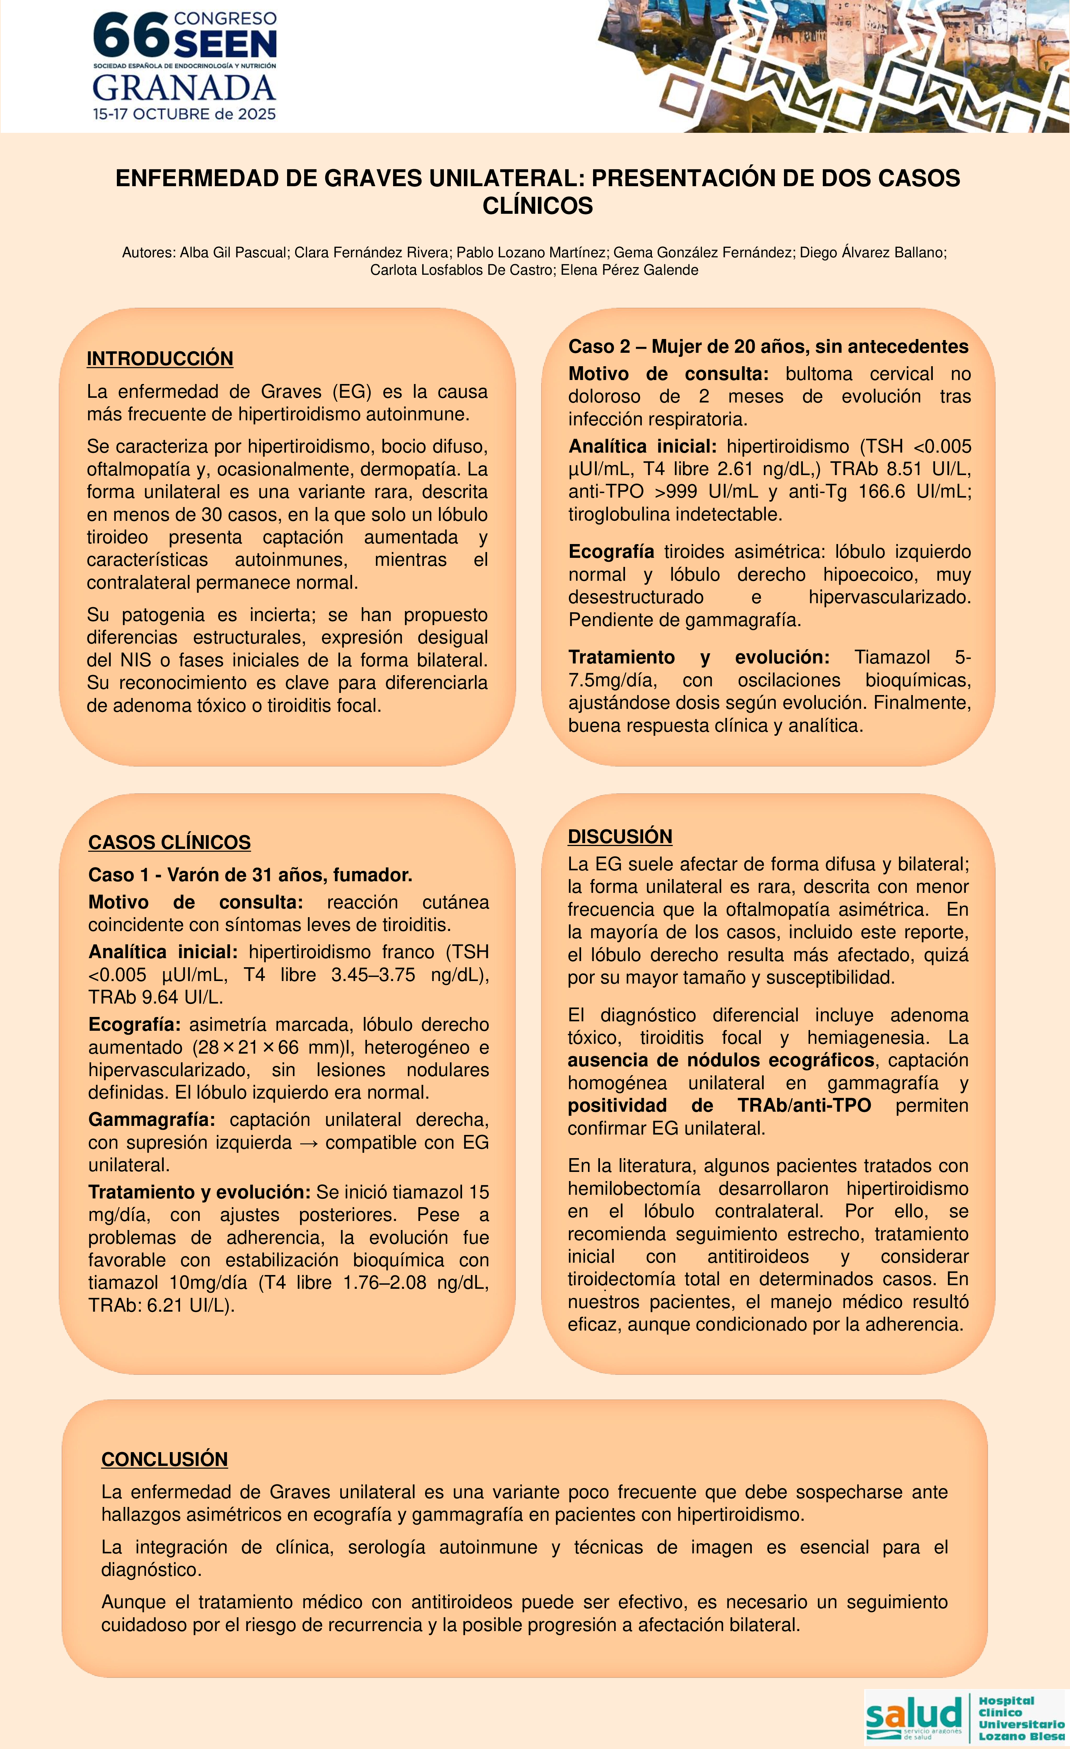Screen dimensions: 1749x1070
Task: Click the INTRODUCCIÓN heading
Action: [160, 359]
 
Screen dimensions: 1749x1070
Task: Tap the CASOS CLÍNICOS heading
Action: [169, 842]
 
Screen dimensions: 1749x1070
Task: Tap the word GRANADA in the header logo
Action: [184, 88]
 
